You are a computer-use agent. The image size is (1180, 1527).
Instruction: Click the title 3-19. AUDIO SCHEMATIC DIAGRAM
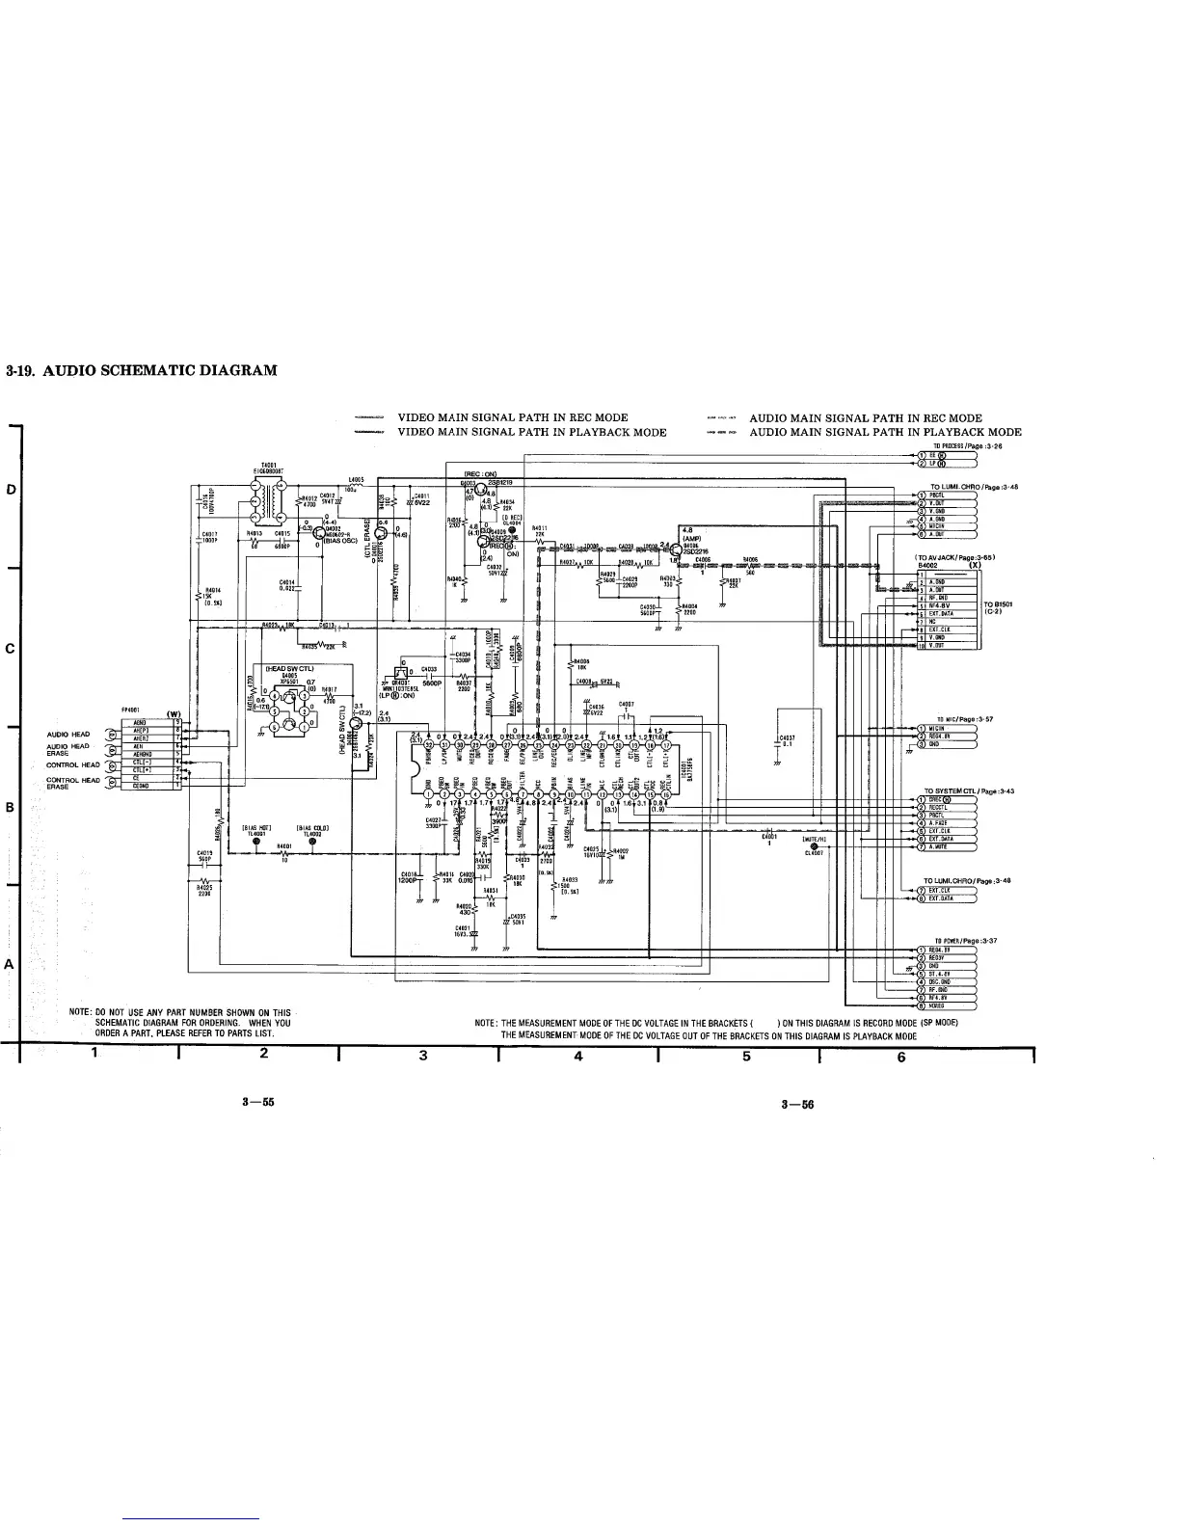pyautogui.click(x=142, y=370)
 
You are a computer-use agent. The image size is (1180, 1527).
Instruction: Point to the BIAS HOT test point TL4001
pyautogui.click(x=256, y=841)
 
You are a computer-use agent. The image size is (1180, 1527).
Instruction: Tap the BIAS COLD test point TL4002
pyautogui.click(x=313, y=841)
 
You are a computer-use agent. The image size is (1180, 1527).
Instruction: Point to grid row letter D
pyautogui.click(x=10, y=490)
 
